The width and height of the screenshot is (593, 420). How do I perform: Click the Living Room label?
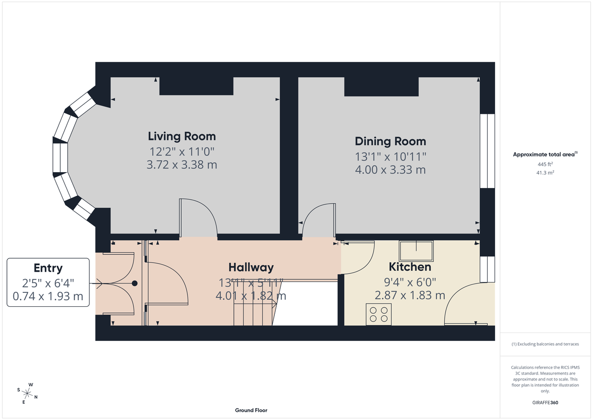coord(182,136)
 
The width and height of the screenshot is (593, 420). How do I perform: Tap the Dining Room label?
coord(390,141)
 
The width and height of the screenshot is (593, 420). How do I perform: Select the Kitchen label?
coord(410,267)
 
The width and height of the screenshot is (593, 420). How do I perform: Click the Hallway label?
coord(251,268)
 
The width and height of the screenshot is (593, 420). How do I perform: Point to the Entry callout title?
coord(48,268)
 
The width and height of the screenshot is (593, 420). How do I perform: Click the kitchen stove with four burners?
coord(379,315)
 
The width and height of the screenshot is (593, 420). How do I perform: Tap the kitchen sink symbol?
coord(417,251)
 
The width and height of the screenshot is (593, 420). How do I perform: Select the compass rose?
coord(28,393)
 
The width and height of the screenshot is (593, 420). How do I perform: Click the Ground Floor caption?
coord(251,410)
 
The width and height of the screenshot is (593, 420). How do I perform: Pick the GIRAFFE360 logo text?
coord(545,403)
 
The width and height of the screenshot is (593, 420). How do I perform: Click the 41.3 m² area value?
coord(545,173)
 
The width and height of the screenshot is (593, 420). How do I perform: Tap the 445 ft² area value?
coord(545,164)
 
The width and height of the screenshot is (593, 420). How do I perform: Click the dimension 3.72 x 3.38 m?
coord(182,165)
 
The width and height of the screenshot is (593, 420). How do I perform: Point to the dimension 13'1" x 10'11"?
coord(390,156)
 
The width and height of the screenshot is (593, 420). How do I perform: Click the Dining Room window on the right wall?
coord(487,151)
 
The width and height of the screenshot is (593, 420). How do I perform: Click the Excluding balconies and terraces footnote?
coord(545,344)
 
